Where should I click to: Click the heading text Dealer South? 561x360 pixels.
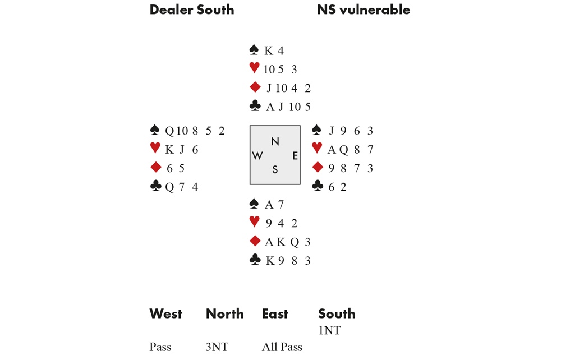coord(191,10)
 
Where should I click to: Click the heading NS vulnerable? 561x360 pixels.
coord(363,10)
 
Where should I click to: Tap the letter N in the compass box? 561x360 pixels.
coord(275,142)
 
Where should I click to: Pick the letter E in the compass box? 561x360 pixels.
coord(295,156)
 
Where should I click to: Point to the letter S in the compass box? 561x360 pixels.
coord(275,169)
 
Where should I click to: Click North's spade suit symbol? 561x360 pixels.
coord(254,50)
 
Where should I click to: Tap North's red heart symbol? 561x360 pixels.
coord(254,68)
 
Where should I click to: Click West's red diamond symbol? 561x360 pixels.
coord(155,167)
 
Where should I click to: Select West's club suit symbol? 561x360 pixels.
coord(155,186)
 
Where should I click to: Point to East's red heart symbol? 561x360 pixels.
coord(317,148)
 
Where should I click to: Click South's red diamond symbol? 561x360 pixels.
coord(255,241)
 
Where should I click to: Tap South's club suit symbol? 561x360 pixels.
coord(255,260)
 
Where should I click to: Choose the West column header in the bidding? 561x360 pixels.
coord(165,313)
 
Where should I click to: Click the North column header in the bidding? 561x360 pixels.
coord(224,313)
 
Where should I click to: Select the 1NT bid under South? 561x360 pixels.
coord(329,330)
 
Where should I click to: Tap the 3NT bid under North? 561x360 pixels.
coord(217,347)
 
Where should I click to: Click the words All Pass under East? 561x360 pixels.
coord(282,347)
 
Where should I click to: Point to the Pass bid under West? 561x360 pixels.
coord(160,347)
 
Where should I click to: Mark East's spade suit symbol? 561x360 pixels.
coord(317,130)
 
